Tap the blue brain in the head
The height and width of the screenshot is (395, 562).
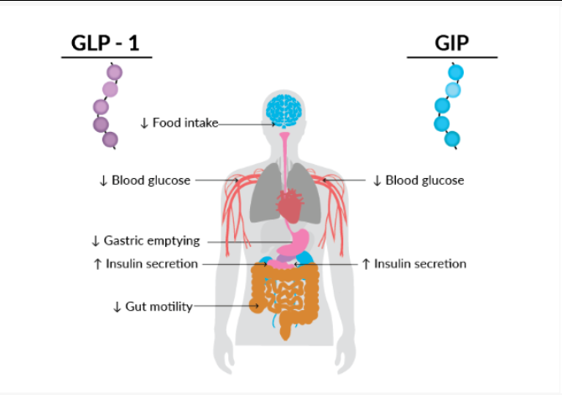pos(283,109)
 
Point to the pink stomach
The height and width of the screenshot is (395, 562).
pos(294,243)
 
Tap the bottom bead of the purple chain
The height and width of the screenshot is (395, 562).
pos(110,139)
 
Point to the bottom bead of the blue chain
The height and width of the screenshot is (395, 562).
pos(453,139)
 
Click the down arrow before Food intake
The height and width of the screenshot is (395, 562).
pos(144,124)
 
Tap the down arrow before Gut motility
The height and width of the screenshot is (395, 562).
pos(117,307)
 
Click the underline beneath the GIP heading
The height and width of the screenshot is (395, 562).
pos(452,57)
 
